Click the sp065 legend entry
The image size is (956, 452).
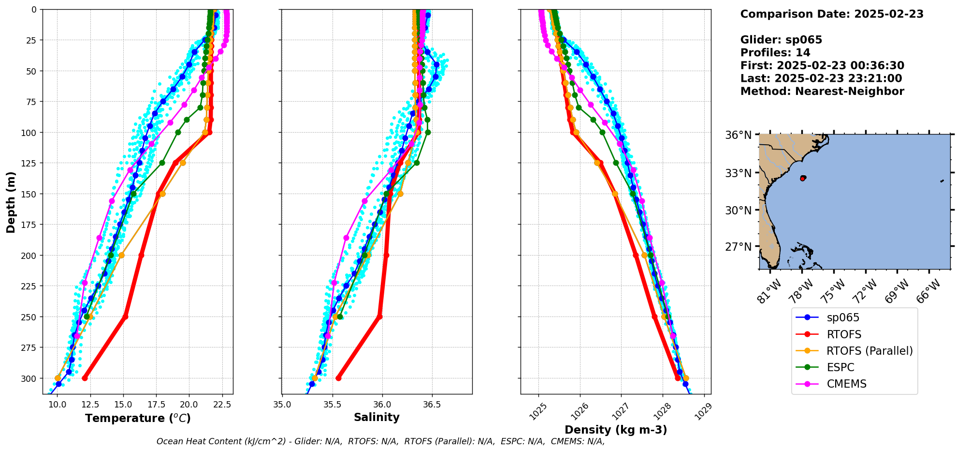tap(843, 318)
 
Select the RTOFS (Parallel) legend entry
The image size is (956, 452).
tap(869, 351)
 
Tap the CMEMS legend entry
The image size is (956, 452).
tap(846, 384)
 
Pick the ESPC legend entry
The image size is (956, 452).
tap(840, 368)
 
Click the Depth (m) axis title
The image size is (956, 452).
tap(11, 202)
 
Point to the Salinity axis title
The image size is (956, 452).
tap(377, 418)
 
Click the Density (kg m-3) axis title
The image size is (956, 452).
tap(615, 430)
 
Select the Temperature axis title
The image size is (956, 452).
tap(138, 418)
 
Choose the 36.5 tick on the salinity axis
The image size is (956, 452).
tap(432, 404)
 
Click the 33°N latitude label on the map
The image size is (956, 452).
tap(738, 173)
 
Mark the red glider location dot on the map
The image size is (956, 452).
tap(802, 179)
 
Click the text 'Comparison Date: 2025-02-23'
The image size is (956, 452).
tap(831, 14)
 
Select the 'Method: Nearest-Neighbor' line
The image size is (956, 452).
tap(822, 91)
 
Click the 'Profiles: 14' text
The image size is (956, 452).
tap(775, 53)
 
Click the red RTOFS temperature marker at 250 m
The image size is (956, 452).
tap(125, 316)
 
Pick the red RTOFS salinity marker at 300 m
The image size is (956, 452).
tap(338, 378)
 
